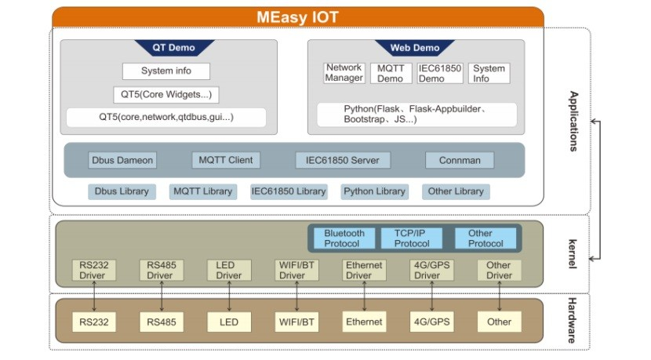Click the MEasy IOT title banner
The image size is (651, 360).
coord(297,16)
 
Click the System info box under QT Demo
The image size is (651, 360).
coord(166,71)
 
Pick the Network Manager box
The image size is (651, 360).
coord(344,73)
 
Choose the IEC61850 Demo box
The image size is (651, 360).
coord(439,73)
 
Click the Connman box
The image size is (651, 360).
coord(460,160)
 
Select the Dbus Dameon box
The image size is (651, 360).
coord(122,160)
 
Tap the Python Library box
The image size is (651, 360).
coord(375,191)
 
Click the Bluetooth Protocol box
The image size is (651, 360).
coord(344,238)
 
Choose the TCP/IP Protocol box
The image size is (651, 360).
coord(412,238)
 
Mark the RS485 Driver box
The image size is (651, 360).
coord(161,271)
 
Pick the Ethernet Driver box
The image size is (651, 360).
coord(365,271)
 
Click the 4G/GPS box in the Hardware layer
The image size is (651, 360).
coord(431,322)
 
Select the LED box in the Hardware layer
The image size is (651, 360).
coord(229,322)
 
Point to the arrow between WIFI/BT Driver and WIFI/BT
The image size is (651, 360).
coord(297,296)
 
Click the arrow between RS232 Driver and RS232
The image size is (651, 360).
coord(94,296)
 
